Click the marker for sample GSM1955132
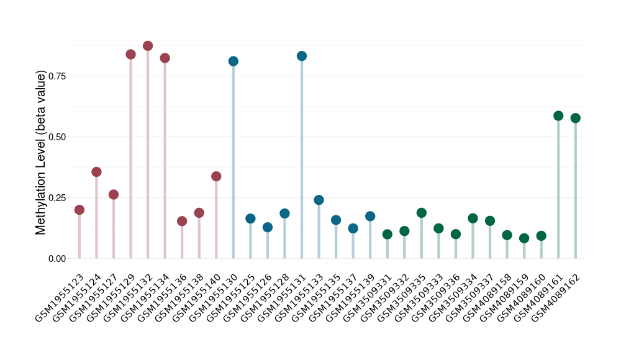[148, 46]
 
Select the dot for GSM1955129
[130, 55]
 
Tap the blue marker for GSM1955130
[233, 61]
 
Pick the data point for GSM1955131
[302, 56]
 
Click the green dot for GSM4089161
[558, 116]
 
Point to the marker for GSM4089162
[576, 118]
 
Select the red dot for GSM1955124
[96, 172]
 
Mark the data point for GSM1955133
[319, 200]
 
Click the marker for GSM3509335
[422, 213]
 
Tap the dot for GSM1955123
[79, 210]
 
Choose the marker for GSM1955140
[216, 176]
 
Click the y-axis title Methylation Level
[41, 152]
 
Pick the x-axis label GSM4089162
[556, 294]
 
